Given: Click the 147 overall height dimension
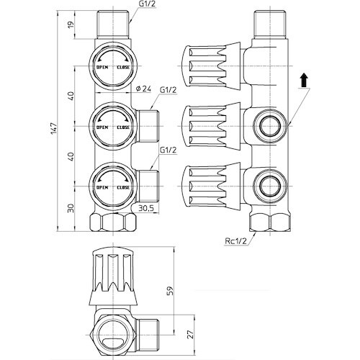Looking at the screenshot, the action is point(54,129).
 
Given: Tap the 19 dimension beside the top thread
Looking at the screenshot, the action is point(71,24).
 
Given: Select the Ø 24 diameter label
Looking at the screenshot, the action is point(143,89).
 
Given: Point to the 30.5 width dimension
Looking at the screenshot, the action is point(145,208).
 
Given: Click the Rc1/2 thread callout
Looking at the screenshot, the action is point(235,240).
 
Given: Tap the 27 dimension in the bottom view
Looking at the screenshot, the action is point(190,334).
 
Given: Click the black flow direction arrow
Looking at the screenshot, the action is point(304,81).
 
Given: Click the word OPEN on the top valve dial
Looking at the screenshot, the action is point(102,68).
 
